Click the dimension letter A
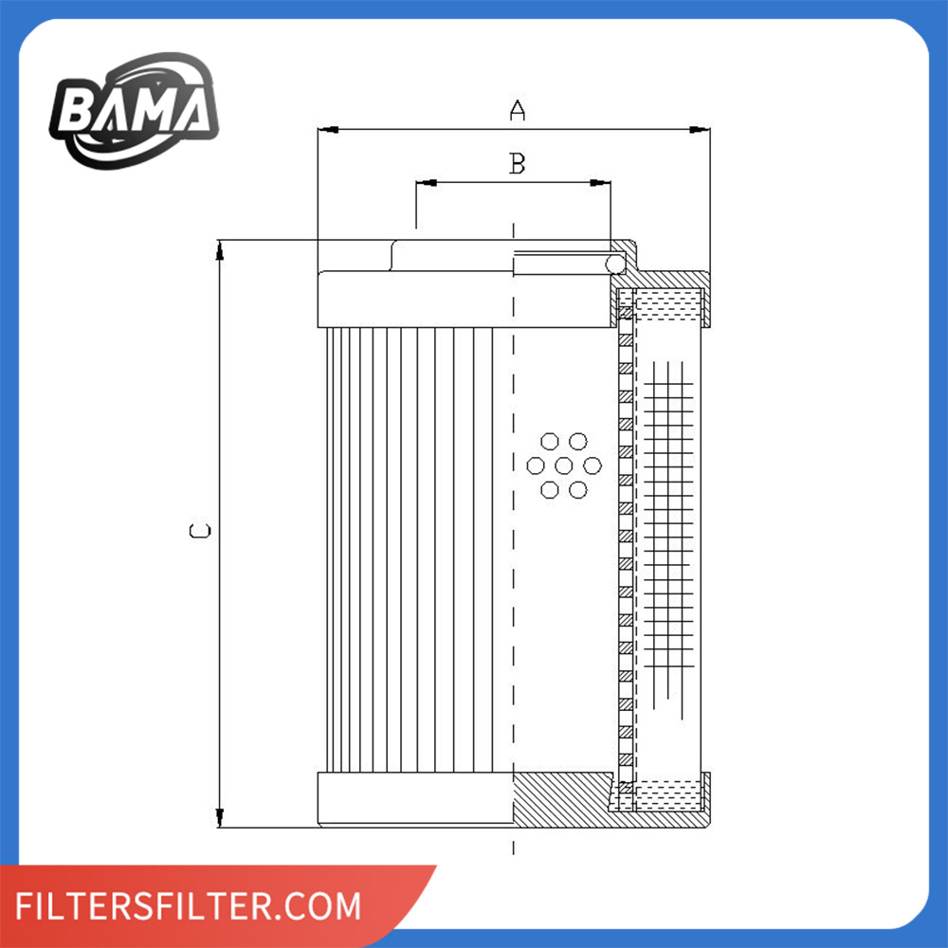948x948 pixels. tap(517, 111)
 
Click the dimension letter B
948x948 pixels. tap(517, 164)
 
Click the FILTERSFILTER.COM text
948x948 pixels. tap(190, 905)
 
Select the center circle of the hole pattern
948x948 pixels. tap(564, 465)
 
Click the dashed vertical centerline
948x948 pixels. tap(513, 569)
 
